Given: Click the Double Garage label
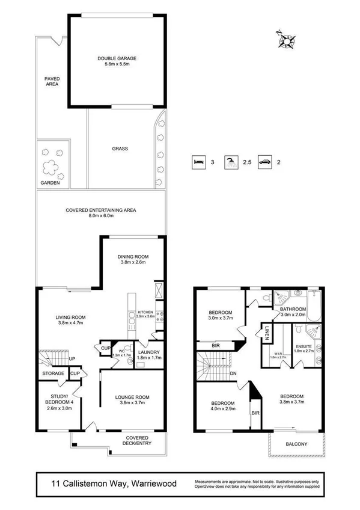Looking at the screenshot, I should tap(117, 58).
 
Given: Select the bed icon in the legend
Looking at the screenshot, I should tap(197, 162).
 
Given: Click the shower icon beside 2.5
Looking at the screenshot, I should tap(230, 162).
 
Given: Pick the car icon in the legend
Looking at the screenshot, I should tap(264, 162).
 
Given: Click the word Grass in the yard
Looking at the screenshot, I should tap(119, 149).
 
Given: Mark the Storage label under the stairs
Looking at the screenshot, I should tap(53, 374).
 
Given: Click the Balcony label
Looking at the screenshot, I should tap(297, 444).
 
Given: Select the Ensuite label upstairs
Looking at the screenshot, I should tap(304, 346).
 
